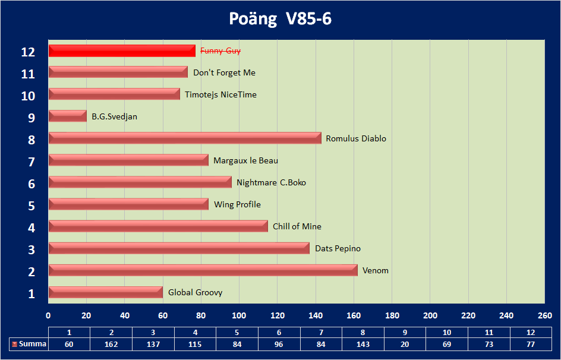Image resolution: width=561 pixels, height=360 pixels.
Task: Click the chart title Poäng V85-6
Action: [x=280, y=19]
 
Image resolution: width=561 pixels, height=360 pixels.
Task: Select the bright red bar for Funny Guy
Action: [x=122, y=51]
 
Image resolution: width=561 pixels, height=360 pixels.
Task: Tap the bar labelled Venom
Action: [x=203, y=270]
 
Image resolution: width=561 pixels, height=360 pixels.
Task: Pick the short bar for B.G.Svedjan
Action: [x=68, y=116]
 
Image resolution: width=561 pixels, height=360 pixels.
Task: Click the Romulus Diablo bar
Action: [x=185, y=138]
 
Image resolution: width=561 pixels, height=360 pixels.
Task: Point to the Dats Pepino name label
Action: [x=338, y=248]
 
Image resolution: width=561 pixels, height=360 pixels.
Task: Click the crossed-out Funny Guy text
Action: [x=220, y=51]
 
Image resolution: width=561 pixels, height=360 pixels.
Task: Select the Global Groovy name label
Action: [x=195, y=292]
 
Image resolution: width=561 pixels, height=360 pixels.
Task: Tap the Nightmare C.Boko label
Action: [x=271, y=182]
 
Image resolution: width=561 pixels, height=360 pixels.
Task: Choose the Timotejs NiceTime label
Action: [x=220, y=94]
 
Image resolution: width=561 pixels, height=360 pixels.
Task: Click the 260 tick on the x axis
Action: [x=544, y=315]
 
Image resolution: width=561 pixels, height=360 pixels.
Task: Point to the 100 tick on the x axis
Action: [x=239, y=315]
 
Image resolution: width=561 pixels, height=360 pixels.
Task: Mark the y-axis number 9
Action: [x=31, y=118]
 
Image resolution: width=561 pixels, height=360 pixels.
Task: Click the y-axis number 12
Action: [x=28, y=52]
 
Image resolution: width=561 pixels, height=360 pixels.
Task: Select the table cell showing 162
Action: [x=111, y=344]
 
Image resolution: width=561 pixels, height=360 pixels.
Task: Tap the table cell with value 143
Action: [x=363, y=344]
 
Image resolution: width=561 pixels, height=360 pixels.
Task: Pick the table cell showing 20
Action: [x=405, y=344]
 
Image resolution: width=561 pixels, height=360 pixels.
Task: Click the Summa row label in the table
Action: [x=29, y=344]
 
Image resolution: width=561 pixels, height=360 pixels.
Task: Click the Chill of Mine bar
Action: [x=158, y=226]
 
